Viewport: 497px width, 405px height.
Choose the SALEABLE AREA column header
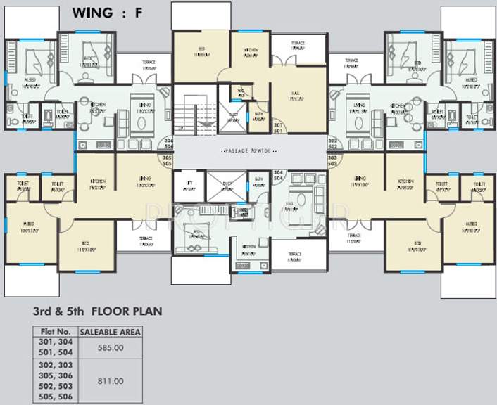click(110, 331)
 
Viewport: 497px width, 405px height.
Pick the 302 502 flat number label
click(333, 144)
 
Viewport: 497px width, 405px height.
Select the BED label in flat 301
click(201, 51)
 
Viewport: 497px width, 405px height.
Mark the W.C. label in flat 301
click(241, 91)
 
